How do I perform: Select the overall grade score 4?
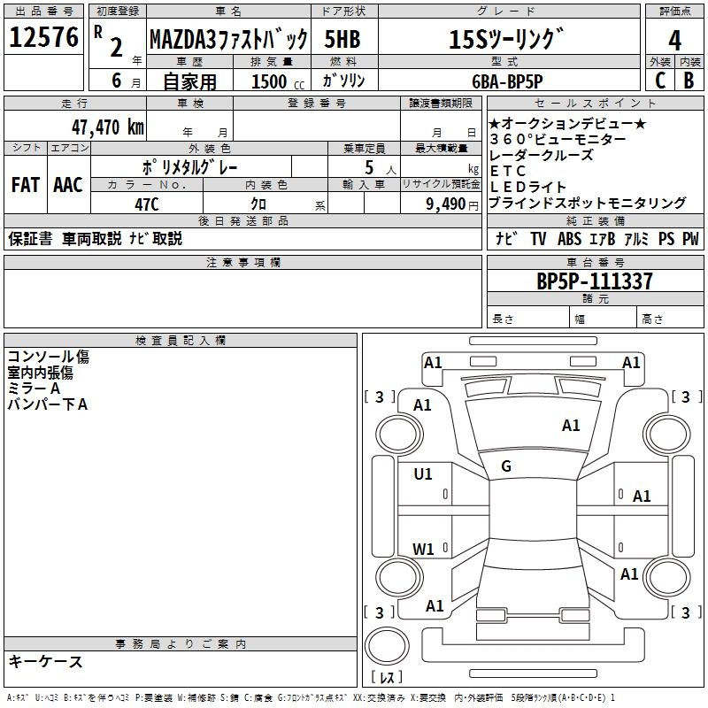674,41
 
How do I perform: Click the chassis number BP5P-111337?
595,281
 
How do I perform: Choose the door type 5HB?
342,40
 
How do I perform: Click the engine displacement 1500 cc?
270,81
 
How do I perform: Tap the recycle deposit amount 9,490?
440,203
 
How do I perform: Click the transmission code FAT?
26,185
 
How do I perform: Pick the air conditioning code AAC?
68,185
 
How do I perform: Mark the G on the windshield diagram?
506,466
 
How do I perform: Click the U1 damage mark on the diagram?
423,474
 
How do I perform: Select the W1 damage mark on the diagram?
423,549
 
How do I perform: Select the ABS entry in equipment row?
569,239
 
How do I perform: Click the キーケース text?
46,661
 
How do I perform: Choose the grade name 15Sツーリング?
506,41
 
